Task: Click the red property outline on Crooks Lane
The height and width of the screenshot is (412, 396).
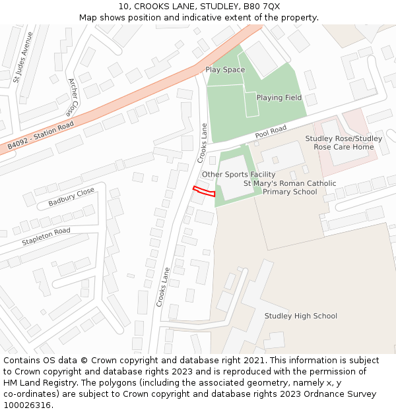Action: (204, 191)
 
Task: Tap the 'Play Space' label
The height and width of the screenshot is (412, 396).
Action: (225, 70)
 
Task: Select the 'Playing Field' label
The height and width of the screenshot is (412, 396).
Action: (279, 98)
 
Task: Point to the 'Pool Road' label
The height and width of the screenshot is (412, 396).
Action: (271, 132)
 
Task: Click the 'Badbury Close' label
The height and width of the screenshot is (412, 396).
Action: (71, 196)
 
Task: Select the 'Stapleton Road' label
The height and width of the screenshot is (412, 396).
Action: (46, 236)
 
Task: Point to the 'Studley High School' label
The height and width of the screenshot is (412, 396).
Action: (300, 316)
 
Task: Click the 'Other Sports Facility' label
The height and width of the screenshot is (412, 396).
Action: (238, 174)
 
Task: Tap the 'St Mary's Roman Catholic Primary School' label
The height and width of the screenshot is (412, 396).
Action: (290, 188)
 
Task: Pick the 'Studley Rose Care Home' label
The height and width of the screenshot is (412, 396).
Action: (343, 142)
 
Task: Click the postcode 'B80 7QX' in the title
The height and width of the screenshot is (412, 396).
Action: (261, 7)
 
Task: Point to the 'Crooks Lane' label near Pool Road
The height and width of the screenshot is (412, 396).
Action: (203, 143)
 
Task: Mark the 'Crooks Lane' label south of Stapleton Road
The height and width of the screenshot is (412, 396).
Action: (162, 286)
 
